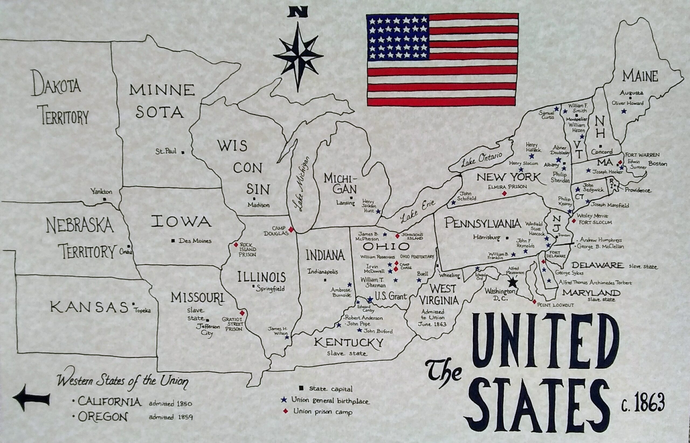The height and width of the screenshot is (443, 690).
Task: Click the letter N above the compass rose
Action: click(299, 12)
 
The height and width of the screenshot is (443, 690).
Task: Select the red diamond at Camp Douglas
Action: click(291, 229)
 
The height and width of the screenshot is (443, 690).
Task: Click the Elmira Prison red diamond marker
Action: click(504, 194)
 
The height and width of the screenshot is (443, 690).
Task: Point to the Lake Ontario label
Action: click(482, 159)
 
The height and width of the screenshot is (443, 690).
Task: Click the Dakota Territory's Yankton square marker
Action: click(105, 199)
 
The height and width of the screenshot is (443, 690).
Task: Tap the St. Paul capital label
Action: click(166, 152)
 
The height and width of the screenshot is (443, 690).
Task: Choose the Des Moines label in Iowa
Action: click(195, 241)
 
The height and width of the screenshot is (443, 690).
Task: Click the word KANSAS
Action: click(89, 307)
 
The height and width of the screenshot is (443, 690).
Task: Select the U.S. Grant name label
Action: click(391, 296)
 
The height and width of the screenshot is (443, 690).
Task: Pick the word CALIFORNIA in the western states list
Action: click(109, 402)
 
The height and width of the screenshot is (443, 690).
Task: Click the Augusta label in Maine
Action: click(631, 93)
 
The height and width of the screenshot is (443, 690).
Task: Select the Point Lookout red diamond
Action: click(534, 302)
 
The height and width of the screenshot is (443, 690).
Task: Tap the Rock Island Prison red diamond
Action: click(236, 245)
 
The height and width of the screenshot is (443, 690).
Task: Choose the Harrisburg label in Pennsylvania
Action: click(487, 238)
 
